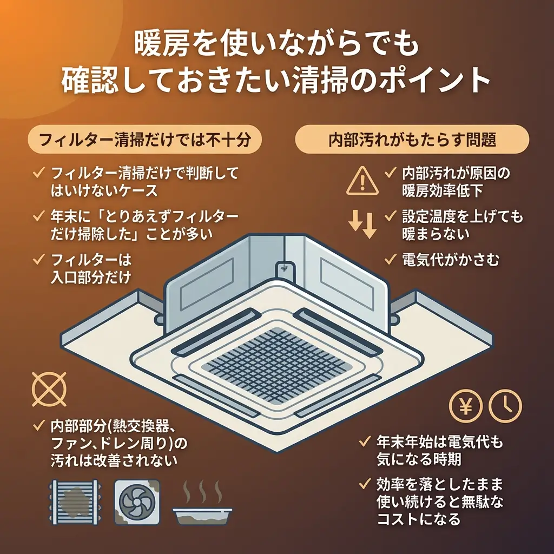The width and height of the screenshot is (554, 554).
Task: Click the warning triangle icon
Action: click(x=360, y=181)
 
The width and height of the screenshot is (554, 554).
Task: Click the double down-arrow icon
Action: click(x=362, y=225)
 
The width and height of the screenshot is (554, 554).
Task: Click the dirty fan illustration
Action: click(x=137, y=501)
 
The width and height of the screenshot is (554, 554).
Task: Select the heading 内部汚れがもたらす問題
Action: click(x=412, y=140)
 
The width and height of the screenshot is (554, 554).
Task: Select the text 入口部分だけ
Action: click(x=90, y=276)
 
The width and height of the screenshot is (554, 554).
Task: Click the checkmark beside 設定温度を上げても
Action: click(x=391, y=217)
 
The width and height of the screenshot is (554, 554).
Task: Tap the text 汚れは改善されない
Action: click(x=114, y=459)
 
